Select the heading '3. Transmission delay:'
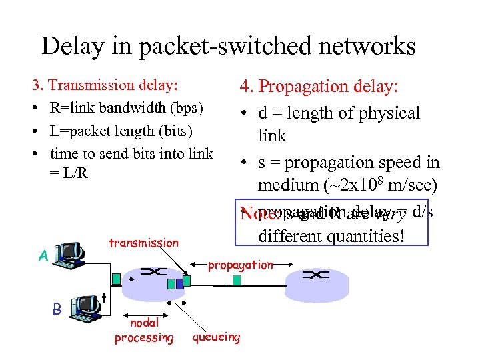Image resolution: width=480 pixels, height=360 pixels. [x=105, y=85]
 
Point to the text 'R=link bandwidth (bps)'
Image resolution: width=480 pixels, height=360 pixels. [x=127, y=107]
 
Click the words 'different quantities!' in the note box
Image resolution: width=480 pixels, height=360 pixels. [x=331, y=236]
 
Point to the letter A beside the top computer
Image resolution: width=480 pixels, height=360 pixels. [x=43, y=256]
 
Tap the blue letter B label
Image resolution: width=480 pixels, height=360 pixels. [x=57, y=309]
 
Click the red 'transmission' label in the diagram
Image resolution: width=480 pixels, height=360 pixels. [x=143, y=243]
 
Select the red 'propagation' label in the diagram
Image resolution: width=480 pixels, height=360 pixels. [x=240, y=265]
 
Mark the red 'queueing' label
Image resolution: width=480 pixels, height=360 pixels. [x=216, y=337]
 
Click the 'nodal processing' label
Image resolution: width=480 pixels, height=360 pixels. [x=143, y=331]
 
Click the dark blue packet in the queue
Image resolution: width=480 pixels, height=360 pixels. [x=171, y=284]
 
